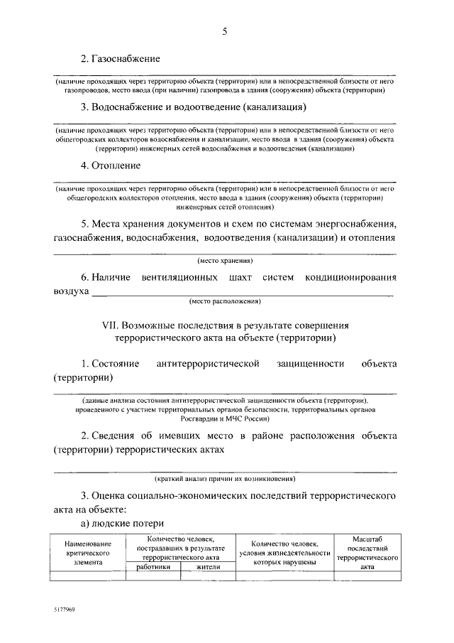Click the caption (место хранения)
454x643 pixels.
tap(225, 261)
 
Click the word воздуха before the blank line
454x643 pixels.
tap(72, 291)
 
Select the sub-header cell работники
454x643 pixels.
tap(153, 567)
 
